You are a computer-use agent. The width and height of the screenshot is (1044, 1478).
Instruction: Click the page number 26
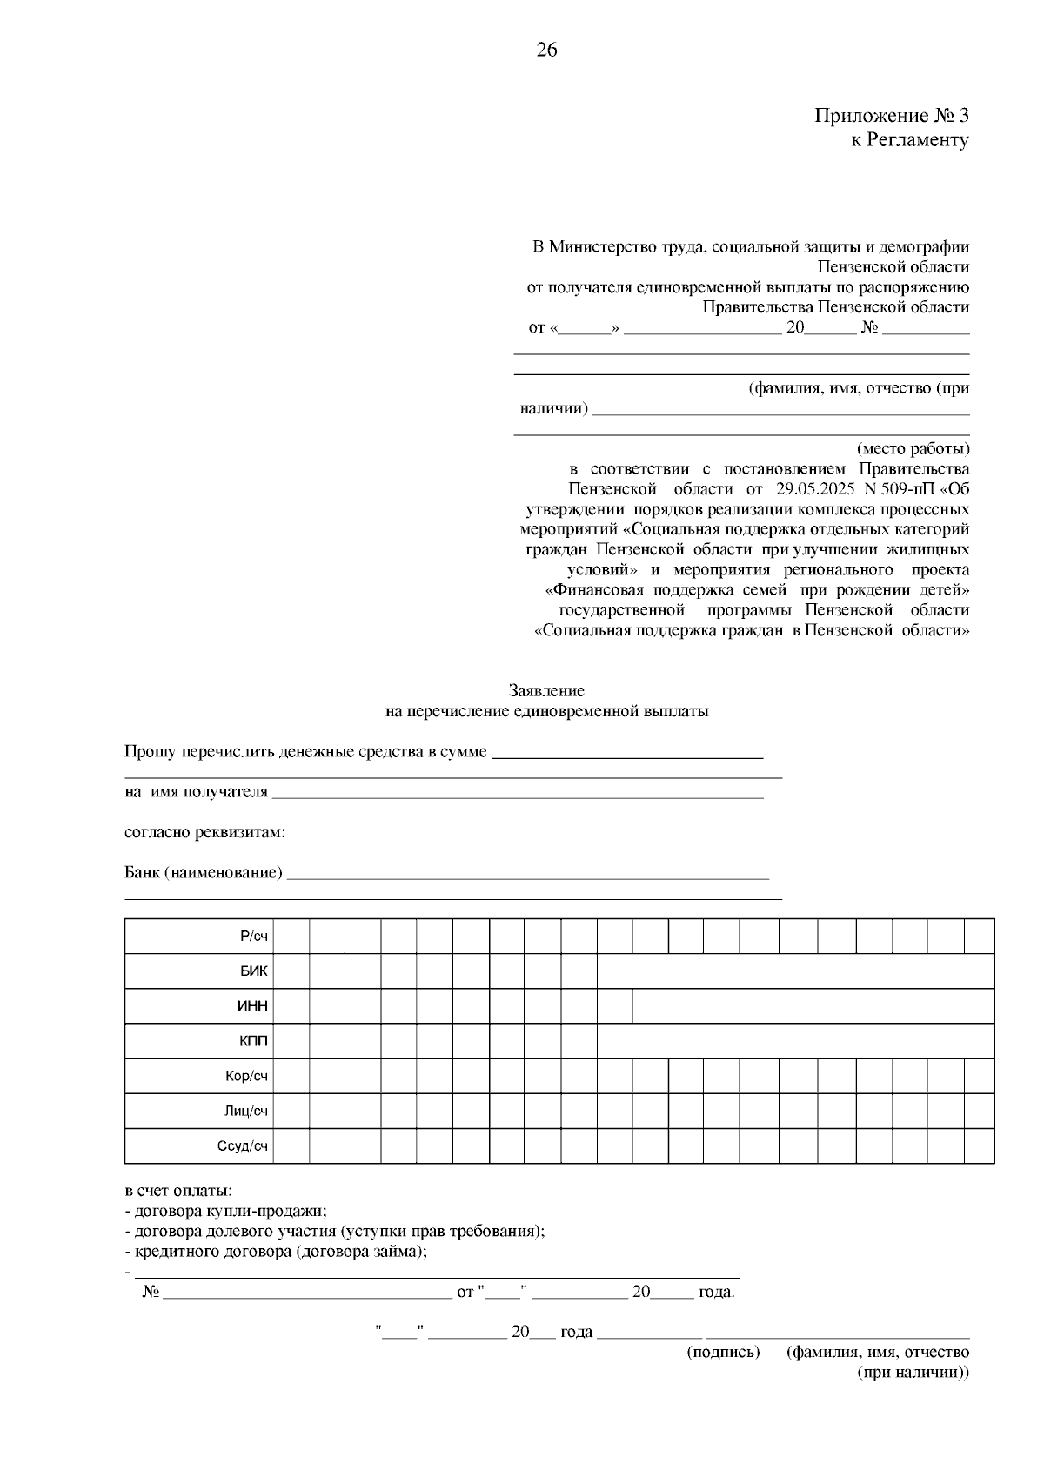pos(546,50)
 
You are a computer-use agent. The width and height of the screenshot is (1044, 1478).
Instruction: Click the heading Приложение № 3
pos(891,116)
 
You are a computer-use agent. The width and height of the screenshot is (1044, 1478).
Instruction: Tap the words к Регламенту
pos(909,140)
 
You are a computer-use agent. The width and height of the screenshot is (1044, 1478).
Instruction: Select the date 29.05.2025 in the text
pos(817,489)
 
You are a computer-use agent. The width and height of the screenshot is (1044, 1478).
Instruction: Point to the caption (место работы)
pos(913,449)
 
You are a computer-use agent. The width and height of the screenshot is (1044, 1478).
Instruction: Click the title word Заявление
pos(546,691)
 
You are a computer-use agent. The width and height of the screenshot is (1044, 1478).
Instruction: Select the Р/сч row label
pos(254,937)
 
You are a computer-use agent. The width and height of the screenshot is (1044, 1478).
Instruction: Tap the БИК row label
pos(254,971)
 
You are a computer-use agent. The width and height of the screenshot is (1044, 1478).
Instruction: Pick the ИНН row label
pos(253,1006)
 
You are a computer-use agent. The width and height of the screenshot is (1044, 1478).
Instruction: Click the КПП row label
pos(254,1041)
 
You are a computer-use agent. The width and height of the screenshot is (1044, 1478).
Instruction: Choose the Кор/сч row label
pos(247,1076)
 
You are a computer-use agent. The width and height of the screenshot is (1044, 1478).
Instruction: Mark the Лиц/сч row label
pos(248,1111)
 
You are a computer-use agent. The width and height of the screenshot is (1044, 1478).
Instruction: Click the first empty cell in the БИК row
pos(291,971)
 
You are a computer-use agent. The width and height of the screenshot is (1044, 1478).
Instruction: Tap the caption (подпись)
pos(723,1352)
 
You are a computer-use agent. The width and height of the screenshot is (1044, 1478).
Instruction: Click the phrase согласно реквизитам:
pos(204,832)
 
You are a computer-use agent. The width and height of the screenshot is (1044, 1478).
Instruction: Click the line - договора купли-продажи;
pos(226,1211)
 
